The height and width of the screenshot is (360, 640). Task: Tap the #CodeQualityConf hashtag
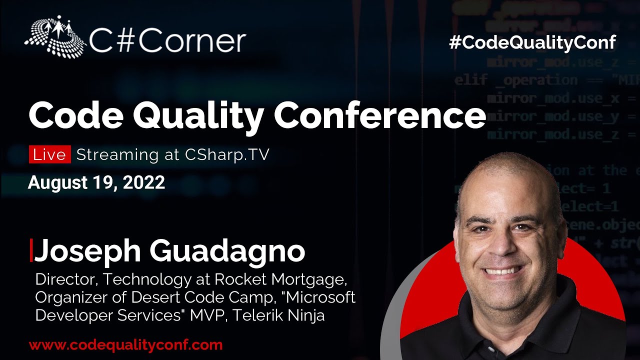[x=532, y=42]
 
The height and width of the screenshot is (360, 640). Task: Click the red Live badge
[x=49, y=154]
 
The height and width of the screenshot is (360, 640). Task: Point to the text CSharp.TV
[x=227, y=154]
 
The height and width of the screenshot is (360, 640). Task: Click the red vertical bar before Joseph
[x=31, y=250]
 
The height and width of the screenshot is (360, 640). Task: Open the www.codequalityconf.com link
[x=125, y=345]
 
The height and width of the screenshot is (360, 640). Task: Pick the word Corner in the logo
[x=192, y=41]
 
